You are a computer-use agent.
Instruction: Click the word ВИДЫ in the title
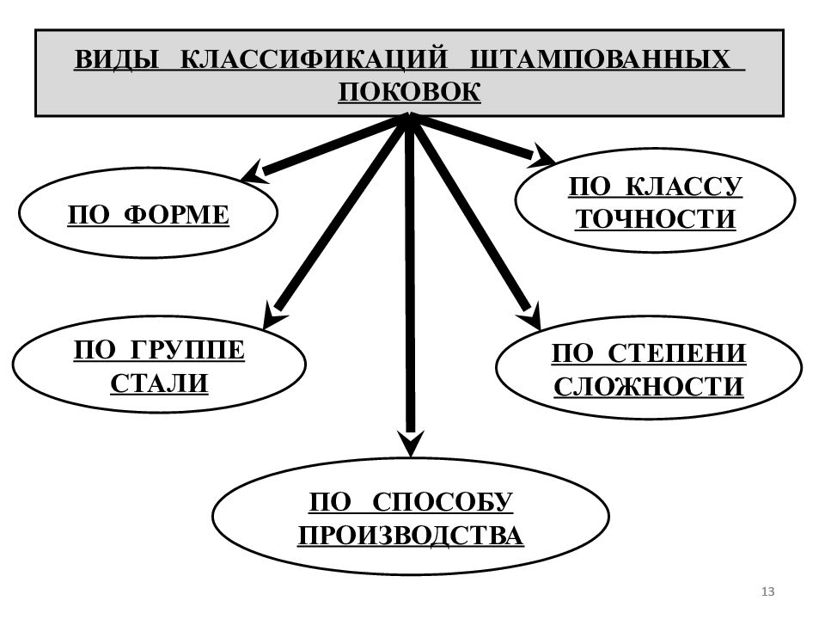117,59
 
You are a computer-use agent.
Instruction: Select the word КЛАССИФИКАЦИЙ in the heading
314,59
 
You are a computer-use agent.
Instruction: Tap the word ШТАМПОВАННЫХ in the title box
600,59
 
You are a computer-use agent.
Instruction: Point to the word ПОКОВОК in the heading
409,92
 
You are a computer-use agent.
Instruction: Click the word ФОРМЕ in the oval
177,215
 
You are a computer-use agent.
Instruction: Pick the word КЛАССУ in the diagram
684,187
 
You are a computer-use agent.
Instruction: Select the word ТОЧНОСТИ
655,219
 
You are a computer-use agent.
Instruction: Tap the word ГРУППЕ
186,350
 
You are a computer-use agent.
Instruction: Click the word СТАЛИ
160,383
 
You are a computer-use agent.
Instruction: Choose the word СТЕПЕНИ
677,353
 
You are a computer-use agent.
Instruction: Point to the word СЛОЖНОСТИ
649,386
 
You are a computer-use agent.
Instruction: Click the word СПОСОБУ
442,501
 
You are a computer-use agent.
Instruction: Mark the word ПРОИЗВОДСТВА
411,536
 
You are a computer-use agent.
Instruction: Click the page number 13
767,591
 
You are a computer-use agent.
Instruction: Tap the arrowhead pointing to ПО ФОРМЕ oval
256,172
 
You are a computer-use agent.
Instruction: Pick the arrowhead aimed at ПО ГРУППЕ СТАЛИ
275,315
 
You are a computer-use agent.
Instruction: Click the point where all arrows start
410,118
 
